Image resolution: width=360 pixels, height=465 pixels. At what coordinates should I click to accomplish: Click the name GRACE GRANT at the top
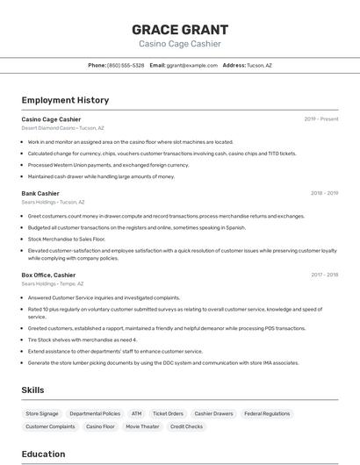tap(179, 29)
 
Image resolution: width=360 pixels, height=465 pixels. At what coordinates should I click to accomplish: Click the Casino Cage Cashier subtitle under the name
tap(179, 44)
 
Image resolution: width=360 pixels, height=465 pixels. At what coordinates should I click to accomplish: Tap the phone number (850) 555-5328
tap(126, 65)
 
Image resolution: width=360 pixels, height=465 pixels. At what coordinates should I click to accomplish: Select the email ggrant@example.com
tap(192, 65)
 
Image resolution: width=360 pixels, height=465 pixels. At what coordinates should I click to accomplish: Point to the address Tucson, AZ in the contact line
tap(259, 65)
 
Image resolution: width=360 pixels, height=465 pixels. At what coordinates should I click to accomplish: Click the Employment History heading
tap(65, 100)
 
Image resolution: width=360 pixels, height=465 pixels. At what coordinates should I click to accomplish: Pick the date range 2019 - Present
tap(321, 119)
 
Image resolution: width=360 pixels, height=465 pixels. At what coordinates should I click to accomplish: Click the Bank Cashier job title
tap(40, 193)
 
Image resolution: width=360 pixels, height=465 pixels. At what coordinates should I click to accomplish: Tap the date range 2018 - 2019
tap(324, 193)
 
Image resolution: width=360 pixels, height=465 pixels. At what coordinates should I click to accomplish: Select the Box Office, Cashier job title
tap(48, 275)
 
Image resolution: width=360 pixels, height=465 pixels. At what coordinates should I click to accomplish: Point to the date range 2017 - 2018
tap(324, 275)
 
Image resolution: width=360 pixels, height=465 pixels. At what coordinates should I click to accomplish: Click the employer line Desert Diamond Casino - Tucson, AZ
tap(62, 128)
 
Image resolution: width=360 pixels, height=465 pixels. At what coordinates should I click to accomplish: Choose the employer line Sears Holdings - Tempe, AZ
tap(53, 283)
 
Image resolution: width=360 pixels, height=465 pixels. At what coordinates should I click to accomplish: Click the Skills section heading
tap(33, 390)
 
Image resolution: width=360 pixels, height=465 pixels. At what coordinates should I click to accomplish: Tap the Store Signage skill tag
tap(42, 413)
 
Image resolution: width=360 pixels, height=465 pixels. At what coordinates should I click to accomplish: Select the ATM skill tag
tap(136, 413)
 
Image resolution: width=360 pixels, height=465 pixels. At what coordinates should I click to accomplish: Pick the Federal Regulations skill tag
tap(267, 413)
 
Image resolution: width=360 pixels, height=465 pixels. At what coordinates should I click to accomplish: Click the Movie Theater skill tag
tap(142, 426)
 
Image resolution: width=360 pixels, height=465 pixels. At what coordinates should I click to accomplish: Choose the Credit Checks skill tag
tap(186, 426)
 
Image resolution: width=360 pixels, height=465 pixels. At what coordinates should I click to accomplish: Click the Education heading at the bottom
tap(43, 454)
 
